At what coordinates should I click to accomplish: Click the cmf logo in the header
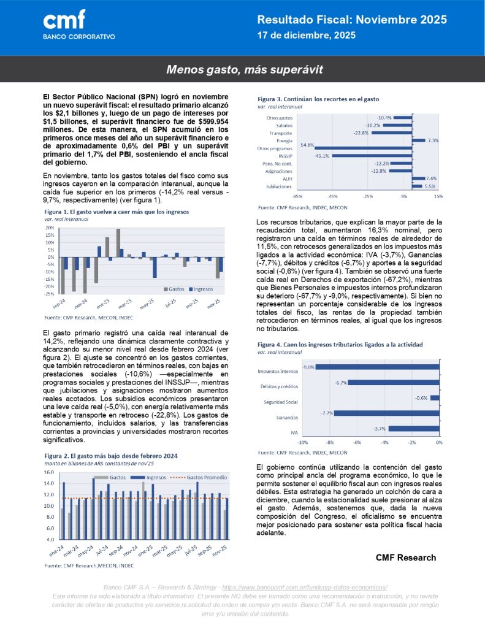(64, 20)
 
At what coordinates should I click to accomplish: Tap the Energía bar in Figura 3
(418, 140)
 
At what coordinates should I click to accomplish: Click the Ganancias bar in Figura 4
(387, 413)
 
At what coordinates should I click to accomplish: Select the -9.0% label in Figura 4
(308, 367)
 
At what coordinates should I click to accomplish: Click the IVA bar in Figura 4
(414, 428)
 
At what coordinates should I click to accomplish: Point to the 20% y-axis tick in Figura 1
(50, 227)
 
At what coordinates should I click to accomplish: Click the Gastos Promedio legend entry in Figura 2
(204, 477)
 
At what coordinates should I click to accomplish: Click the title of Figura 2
(112, 456)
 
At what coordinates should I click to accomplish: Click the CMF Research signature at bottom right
(405, 557)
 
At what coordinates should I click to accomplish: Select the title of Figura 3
(318, 99)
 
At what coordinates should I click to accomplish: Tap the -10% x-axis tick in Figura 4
(302, 442)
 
